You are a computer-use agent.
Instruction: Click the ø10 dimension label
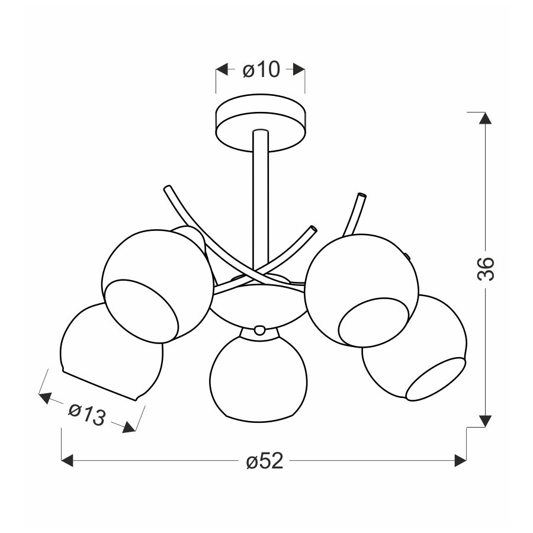(261, 70)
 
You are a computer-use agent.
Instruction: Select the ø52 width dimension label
(265, 461)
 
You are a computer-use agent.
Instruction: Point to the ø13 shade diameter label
(86, 414)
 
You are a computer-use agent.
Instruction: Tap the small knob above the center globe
(259, 330)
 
